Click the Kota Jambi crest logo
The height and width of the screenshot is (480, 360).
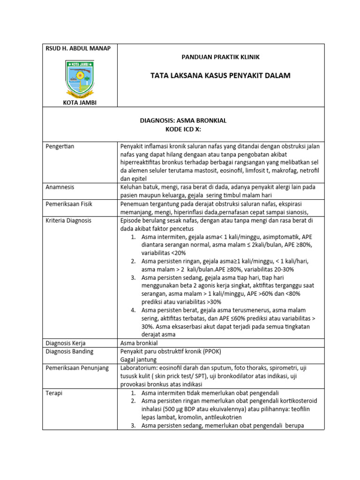[x=80, y=77]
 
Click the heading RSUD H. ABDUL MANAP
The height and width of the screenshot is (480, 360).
[x=78, y=49]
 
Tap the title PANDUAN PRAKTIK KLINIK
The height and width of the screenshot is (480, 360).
[x=220, y=57]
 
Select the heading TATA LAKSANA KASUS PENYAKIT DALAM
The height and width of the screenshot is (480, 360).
[x=220, y=75]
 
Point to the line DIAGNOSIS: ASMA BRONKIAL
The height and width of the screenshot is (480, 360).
[x=183, y=120]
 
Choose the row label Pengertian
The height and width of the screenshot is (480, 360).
[x=60, y=147]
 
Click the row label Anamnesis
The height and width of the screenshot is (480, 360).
[x=60, y=187]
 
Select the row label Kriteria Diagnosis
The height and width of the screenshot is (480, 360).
[x=68, y=220]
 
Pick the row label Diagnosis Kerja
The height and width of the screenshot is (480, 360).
[x=66, y=343]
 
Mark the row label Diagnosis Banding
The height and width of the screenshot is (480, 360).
[x=69, y=352]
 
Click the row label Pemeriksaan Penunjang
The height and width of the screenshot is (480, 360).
[x=77, y=368]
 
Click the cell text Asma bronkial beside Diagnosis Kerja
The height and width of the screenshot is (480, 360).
[x=139, y=343]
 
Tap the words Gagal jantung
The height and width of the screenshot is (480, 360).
[x=137, y=360]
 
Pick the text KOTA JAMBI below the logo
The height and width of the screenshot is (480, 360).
[x=80, y=102]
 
